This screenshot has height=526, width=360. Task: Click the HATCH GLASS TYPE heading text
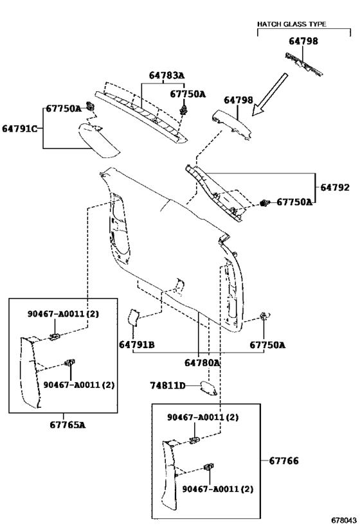(291, 24)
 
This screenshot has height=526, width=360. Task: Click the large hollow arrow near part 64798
(269, 94)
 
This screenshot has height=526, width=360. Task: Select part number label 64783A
(166, 75)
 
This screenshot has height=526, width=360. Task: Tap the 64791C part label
(19, 128)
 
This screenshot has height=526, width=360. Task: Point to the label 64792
(335, 187)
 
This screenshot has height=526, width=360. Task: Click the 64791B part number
(137, 344)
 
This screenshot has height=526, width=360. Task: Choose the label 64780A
(202, 363)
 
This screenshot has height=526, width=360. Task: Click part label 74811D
(168, 386)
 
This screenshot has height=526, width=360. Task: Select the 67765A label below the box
(67, 425)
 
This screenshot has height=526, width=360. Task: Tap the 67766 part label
(283, 460)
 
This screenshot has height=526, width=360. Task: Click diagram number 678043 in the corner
(344, 520)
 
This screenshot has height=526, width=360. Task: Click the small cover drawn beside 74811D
(208, 387)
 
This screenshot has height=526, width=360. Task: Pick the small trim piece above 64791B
(133, 317)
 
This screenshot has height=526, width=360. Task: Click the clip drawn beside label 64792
(265, 203)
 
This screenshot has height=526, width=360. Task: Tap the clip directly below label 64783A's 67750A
(183, 109)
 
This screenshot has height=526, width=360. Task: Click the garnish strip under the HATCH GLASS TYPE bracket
(304, 64)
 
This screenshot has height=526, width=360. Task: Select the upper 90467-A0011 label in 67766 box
(203, 417)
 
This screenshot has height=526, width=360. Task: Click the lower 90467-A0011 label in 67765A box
(79, 385)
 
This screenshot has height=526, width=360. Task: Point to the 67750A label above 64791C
(64, 109)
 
